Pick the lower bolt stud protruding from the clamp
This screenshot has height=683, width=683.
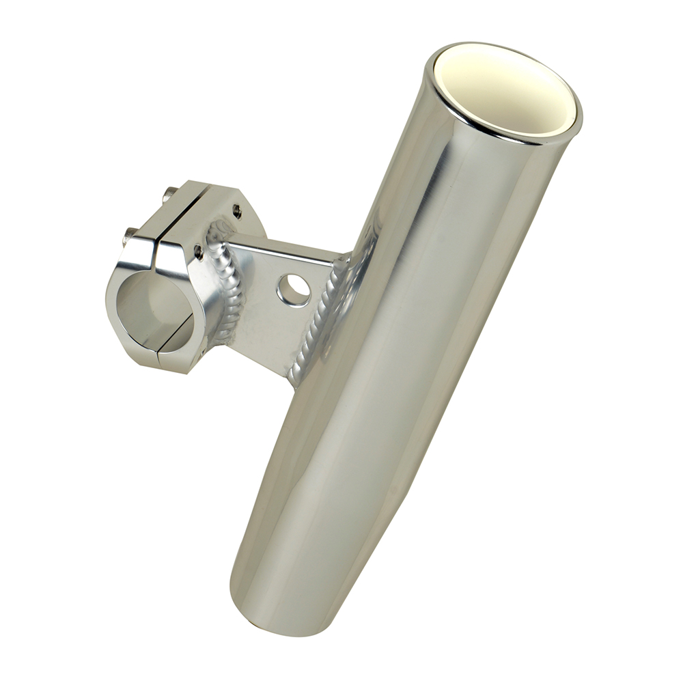pyautogui.click(x=128, y=237)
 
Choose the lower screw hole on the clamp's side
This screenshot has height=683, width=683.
pyautogui.click(x=198, y=253)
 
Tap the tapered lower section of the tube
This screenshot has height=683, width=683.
pyautogui.click(x=301, y=533)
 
